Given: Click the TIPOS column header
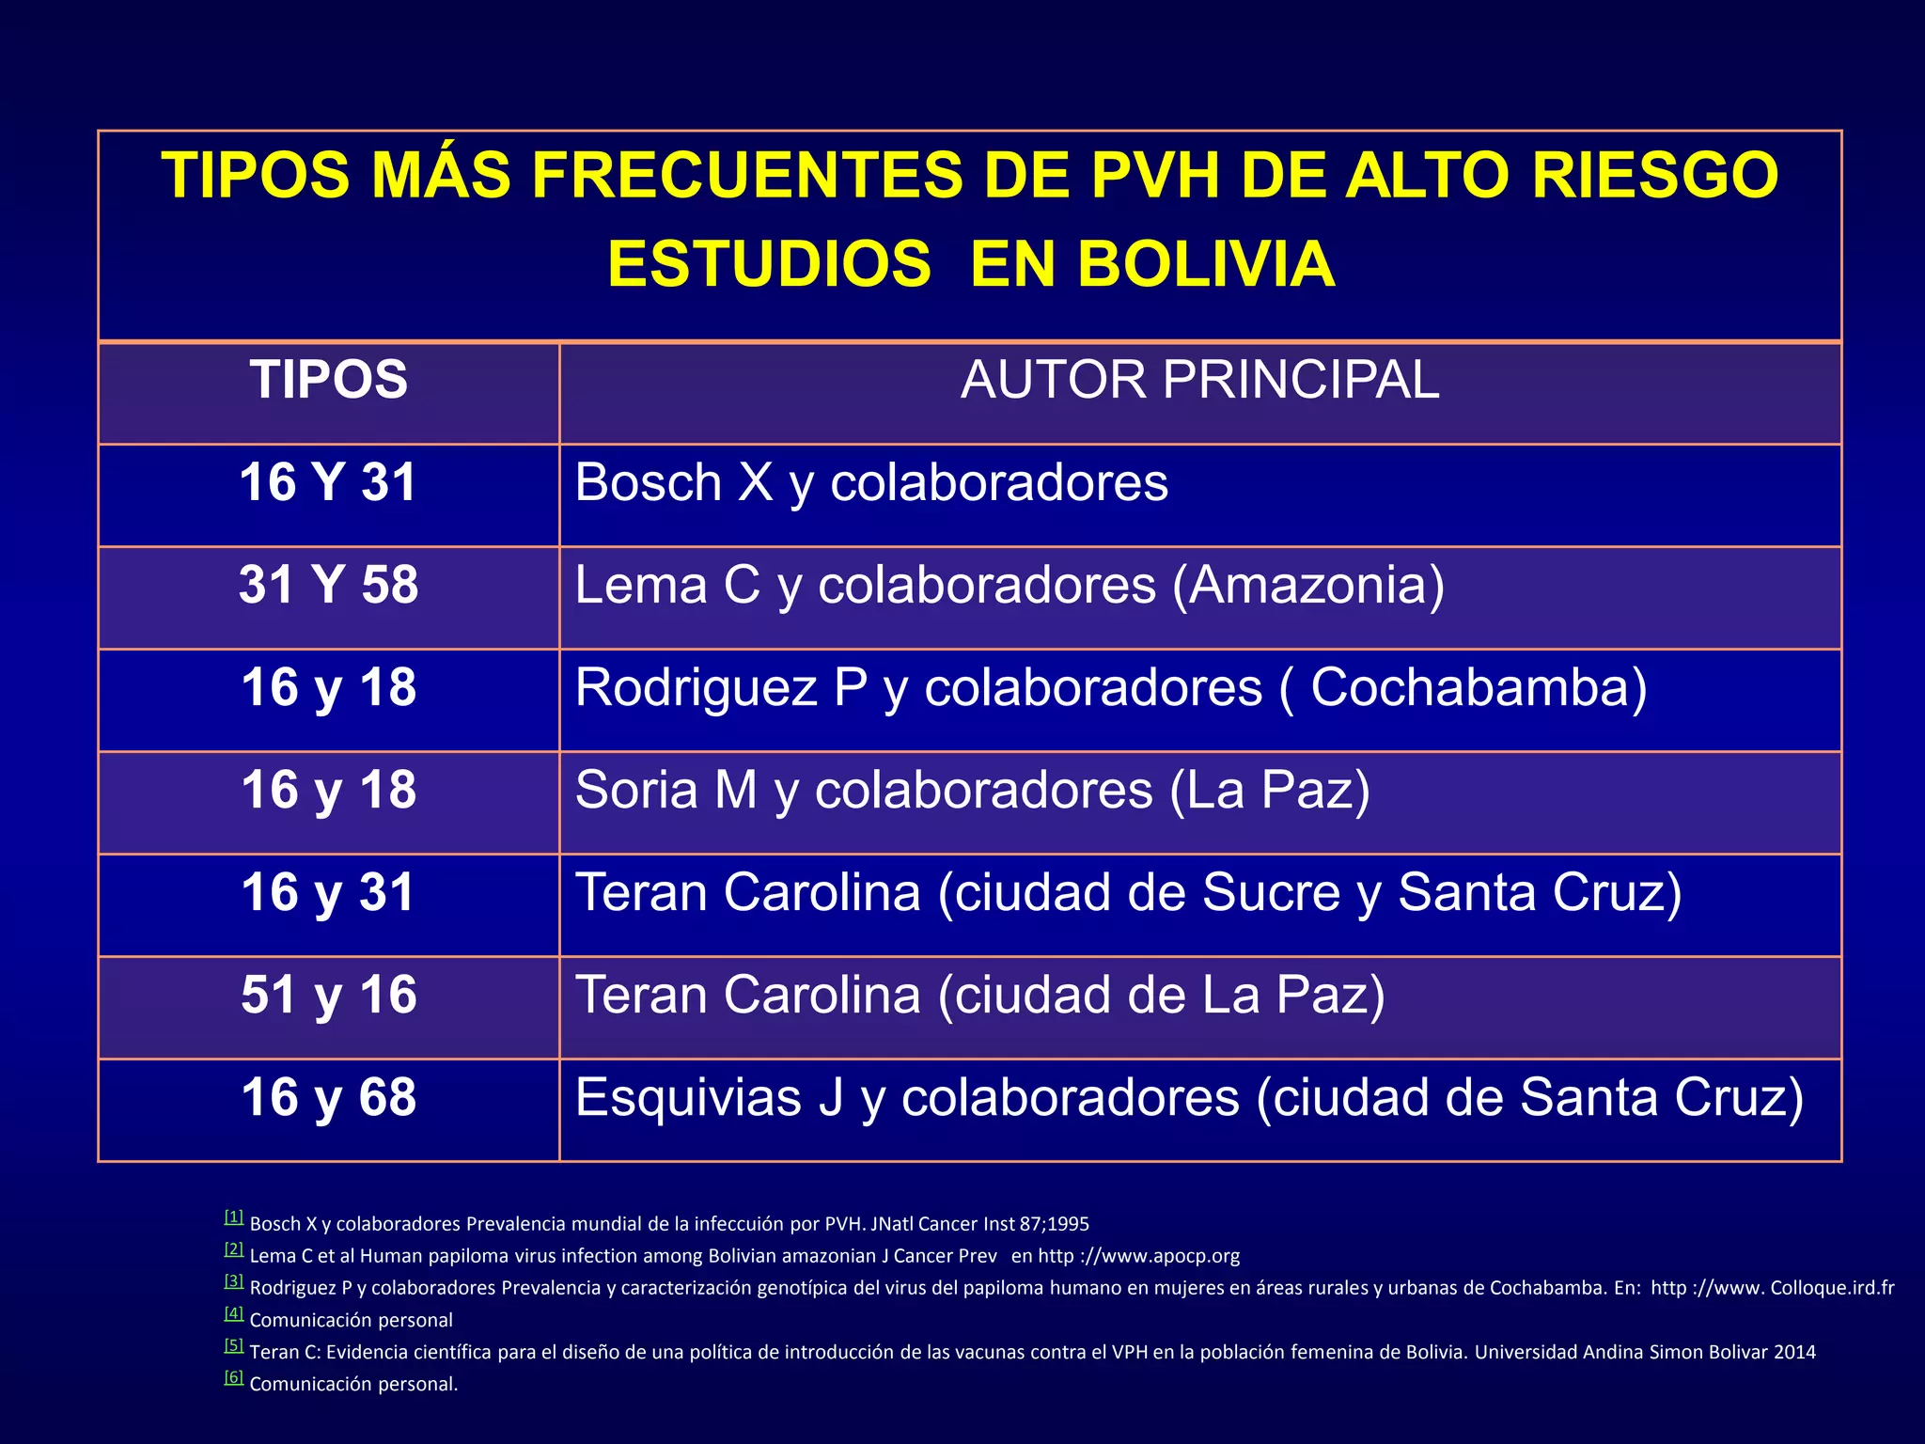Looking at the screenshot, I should [329, 381].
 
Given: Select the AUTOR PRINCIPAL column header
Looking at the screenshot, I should [1199, 381].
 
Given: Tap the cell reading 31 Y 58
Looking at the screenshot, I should [329, 585].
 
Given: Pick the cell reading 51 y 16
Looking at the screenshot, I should [329, 995].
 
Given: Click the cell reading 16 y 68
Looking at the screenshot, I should [329, 1097].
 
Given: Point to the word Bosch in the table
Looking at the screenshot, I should [647, 483].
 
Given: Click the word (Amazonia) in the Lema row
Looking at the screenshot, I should [1308, 586].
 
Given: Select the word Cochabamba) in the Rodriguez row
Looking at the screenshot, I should [1479, 688].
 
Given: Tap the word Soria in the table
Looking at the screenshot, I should [636, 791].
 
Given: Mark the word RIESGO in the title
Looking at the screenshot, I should [1655, 176].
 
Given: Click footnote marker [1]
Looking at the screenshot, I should [234, 1217].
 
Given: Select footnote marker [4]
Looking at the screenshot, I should [234, 1313].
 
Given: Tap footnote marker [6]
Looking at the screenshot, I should [234, 1377].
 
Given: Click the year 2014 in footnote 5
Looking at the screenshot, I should [1794, 1352].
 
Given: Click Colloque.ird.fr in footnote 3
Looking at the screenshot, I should [1832, 1288].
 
